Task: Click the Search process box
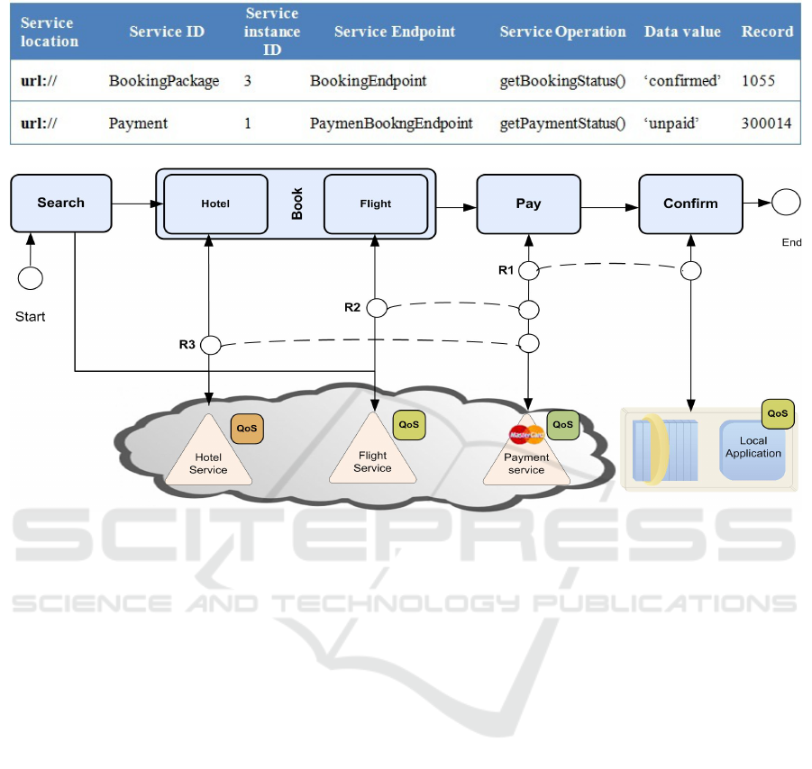tap(60, 203)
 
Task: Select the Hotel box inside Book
tap(215, 204)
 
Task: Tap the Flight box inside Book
tap(375, 204)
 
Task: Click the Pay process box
tap(528, 204)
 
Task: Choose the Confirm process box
tap(690, 204)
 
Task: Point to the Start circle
tap(31, 277)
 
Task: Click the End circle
tap(786, 203)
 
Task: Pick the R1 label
tap(507, 270)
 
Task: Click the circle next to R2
tap(376, 308)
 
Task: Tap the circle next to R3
tap(210, 344)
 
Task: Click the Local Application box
tap(753, 447)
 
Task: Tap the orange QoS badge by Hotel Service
tap(247, 429)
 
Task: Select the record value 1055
tap(758, 81)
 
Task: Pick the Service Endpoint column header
tap(394, 32)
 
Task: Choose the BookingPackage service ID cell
tap(163, 81)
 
